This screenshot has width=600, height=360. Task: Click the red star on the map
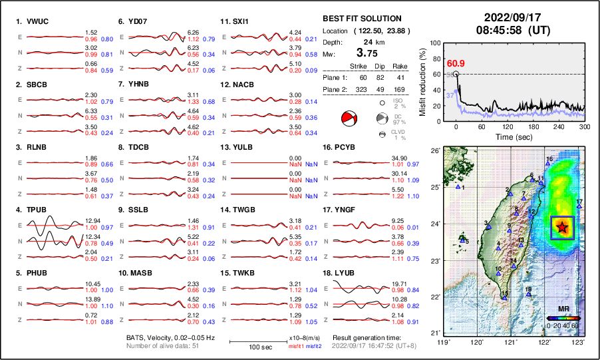[x=563, y=227]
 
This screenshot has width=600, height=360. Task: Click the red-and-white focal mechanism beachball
[x=349, y=119]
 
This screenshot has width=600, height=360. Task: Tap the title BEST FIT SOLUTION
[x=361, y=19]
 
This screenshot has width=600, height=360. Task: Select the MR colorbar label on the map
[x=563, y=309]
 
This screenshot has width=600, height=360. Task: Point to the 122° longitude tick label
[x=544, y=342]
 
